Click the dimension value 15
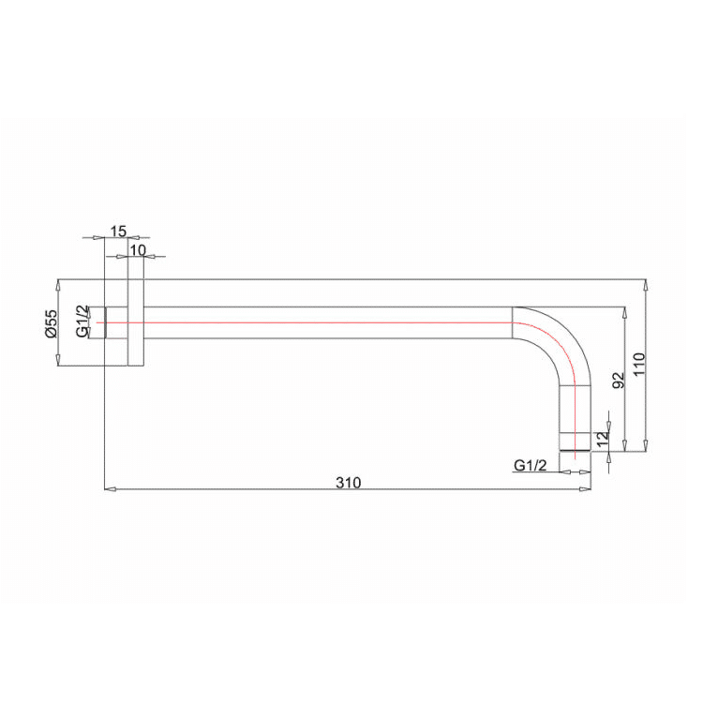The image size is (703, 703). [x=118, y=230]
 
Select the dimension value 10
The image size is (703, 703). [x=138, y=249]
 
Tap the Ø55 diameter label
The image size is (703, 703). [x=52, y=322]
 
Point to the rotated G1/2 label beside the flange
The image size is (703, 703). [x=82, y=322]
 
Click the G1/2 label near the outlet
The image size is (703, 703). [x=531, y=465]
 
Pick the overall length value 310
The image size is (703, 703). [x=347, y=482]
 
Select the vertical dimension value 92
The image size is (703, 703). [x=617, y=380]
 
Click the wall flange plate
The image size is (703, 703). [x=136, y=322]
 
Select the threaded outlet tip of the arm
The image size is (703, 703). [x=576, y=441]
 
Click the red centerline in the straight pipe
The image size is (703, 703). [x=328, y=322]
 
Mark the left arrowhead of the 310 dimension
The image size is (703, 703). [x=107, y=488]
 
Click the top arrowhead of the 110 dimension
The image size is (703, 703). [x=646, y=283]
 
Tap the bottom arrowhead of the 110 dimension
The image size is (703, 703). [x=646, y=446]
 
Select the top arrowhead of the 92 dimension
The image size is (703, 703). [x=624, y=311]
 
